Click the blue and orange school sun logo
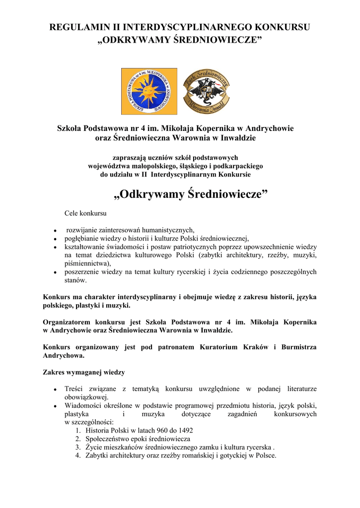coord(149,91)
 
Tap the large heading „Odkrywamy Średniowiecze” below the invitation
coord(191,194)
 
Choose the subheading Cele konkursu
coord(86,213)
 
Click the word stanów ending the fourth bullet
coord(74,280)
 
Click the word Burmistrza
coord(299,347)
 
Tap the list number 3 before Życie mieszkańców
coord(78,447)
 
